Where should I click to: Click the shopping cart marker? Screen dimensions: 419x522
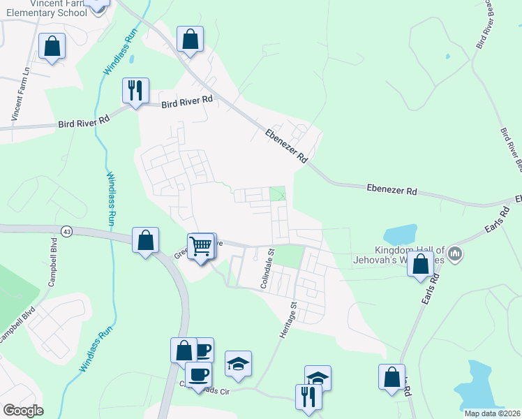point(201,245)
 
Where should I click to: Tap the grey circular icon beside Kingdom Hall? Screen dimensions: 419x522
point(454,251)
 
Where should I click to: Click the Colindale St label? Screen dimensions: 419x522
point(267,269)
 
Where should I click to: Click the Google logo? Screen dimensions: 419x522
point(22,411)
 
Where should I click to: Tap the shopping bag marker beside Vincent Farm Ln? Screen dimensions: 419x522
point(52,47)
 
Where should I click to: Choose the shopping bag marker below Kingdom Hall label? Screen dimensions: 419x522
point(420,265)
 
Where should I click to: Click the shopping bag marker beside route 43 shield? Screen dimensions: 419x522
point(145,241)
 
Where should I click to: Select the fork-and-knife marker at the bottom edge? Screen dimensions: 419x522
point(308,397)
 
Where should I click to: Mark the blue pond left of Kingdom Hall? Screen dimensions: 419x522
point(400,235)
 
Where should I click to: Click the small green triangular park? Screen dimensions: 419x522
point(278,194)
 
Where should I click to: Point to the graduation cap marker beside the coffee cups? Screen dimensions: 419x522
point(238,364)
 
